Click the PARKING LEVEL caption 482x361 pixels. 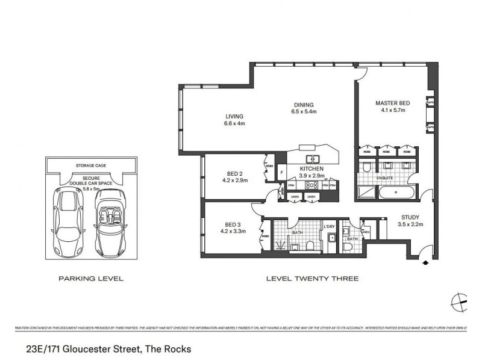click(90, 279)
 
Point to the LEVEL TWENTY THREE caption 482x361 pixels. click(312, 279)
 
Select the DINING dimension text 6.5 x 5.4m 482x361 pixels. click(304, 111)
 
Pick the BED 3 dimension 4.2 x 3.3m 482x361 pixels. click(233, 230)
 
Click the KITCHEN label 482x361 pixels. click(312, 169)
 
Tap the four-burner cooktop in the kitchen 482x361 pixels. click(312, 185)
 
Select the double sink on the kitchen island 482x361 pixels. click(312, 159)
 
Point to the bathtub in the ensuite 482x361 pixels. click(395, 193)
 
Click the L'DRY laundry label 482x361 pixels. click(329, 226)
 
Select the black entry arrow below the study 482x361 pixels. click(427, 262)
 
